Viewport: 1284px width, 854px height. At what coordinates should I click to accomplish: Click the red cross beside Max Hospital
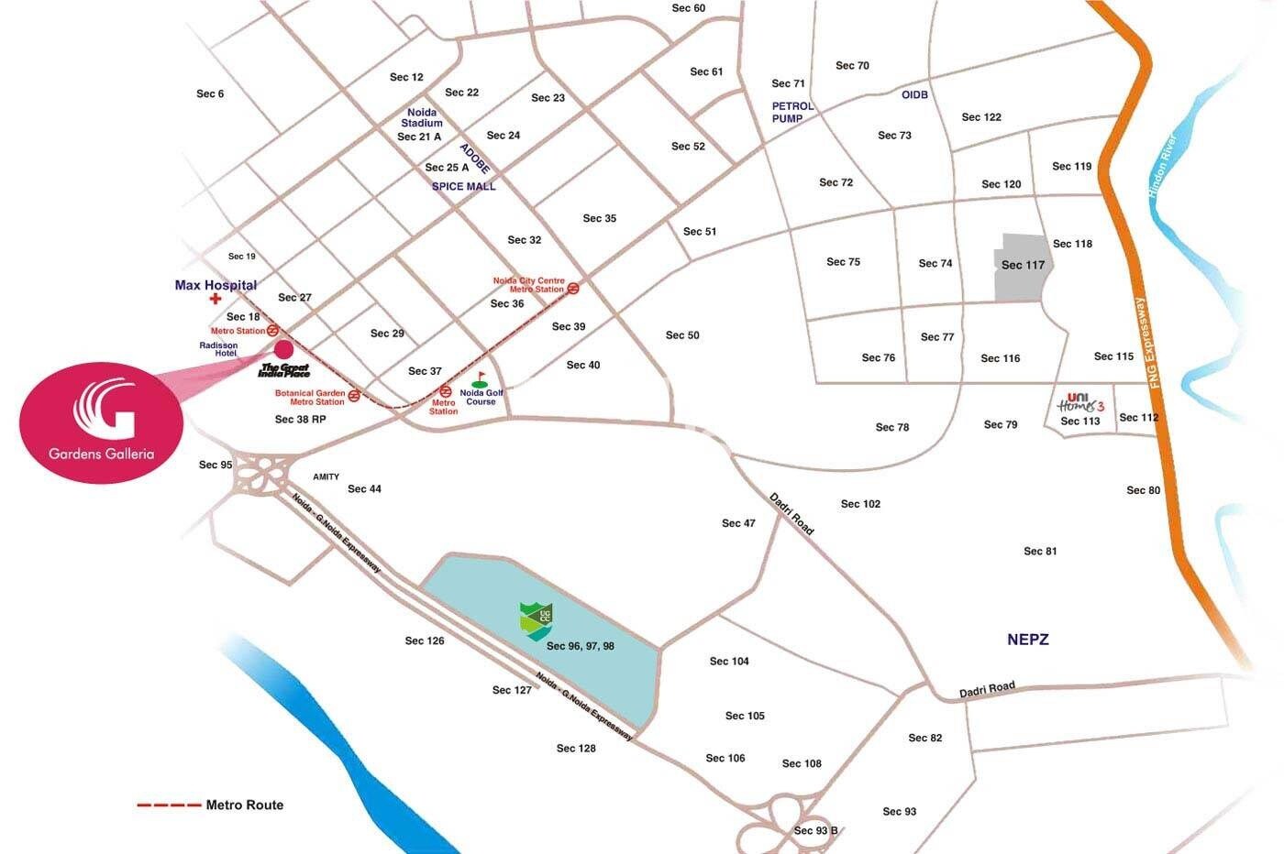pyautogui.click(x=216, y=299)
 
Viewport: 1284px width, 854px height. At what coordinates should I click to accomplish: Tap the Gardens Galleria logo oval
pyautogui.click(x=101, y=421)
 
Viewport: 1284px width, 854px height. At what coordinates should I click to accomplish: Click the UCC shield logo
pyautogui.click(x=536, y=621)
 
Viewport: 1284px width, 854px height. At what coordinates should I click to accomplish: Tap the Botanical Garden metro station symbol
pyautogui.click(x=354, y=397)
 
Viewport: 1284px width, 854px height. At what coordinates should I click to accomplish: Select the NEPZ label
pyautogui.click(x=1027, y=640)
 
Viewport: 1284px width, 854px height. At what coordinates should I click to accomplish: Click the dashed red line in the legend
pyautogui.click(x=169, y=805)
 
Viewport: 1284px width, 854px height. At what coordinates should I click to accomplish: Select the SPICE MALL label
pyautogui.click(x=463, y=187)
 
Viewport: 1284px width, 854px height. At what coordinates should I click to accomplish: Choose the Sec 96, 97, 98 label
pyautogui.click(x=581, y=646)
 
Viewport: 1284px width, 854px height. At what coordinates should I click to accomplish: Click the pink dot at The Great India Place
pyautogui.click(x=283, y=348)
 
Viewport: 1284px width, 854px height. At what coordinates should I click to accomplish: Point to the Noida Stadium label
pyautogui.click(x=422, y=117)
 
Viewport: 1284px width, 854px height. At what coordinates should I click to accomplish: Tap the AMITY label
pyautogui.click(x=326, y=476)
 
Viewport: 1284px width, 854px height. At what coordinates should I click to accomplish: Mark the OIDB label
pyautogui.click(x=914, y=95)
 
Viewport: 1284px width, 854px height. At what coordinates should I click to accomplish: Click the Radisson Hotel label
pyautogui.click(x=218, y=349)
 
